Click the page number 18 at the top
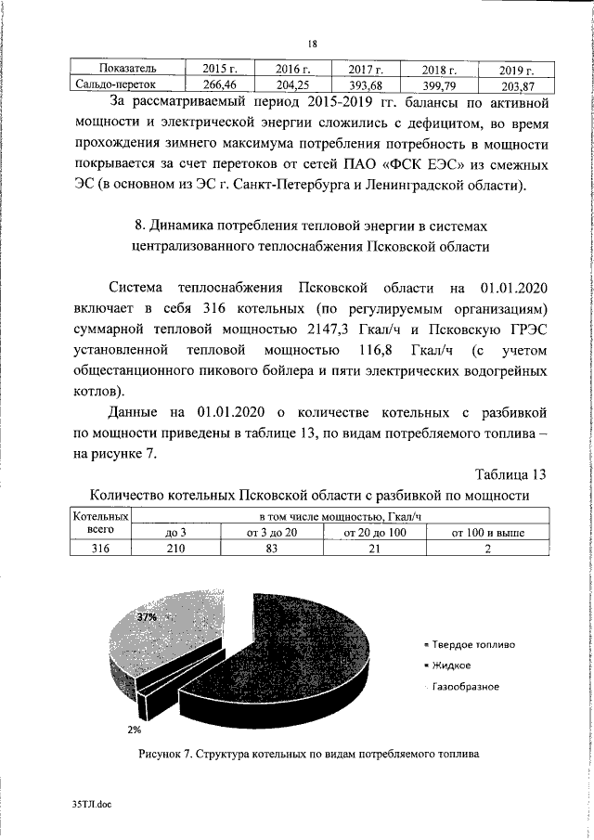313,44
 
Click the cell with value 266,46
216,84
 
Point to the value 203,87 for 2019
517,87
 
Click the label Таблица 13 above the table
510,474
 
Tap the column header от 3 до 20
272,533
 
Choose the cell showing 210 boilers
176,549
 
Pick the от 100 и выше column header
487,533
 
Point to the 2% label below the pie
134,729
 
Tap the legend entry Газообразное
465,687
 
